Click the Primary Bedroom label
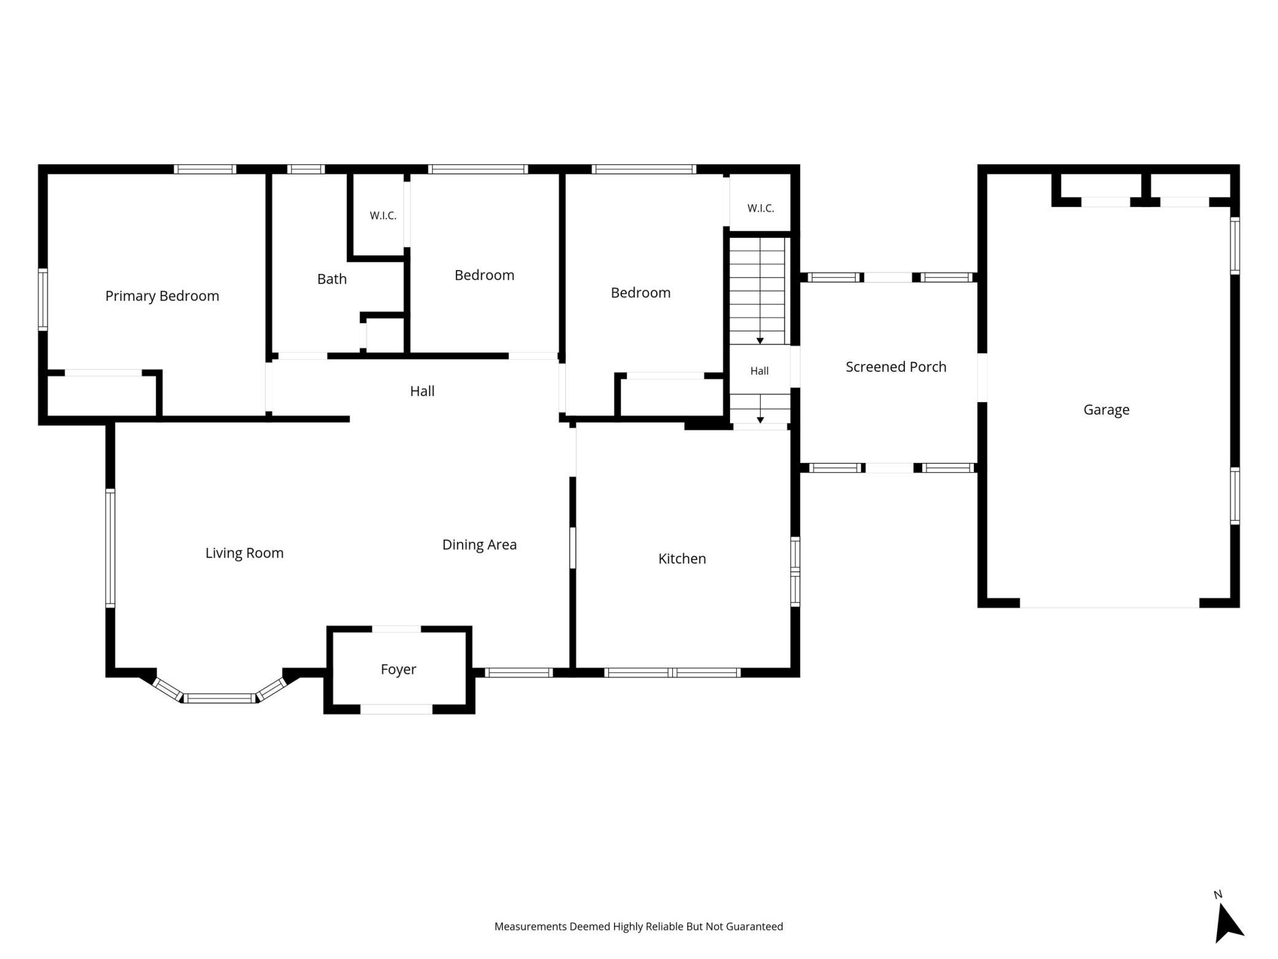[x=162, y=296]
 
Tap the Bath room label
[x=332, y=279]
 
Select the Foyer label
[x=398, y=669]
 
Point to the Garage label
[x=1106, y=409]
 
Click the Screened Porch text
[x=896, y=366]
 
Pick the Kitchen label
[x=682, y=558]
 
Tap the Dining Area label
[x=479, y=545]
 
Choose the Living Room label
[x=245, y=553]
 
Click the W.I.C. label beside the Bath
[x=383, y=216]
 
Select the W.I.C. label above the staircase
[x=761, y=208]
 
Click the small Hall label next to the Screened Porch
[x=759, y=371]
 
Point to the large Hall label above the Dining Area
[x=422, y=391]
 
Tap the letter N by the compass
[x=1218, y=894]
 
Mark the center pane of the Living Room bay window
[x=219, y=698]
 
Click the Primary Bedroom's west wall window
[x=43, y=299]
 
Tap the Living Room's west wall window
[x=111, y=548]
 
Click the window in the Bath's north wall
[x=306, y=169]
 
